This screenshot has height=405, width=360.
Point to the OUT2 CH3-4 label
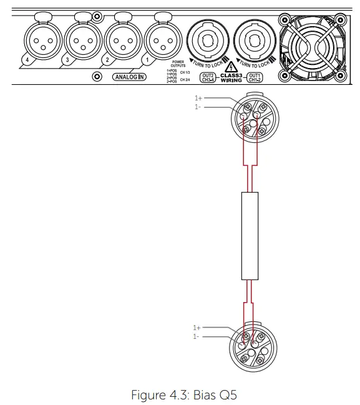207,77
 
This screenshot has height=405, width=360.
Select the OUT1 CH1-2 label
255,77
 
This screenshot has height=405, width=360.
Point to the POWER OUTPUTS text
178,64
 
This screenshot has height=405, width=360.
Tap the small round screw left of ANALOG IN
97,77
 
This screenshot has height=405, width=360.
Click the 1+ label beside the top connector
198,99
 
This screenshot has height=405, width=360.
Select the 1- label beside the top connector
198,107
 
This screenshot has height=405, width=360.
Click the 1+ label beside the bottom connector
197,328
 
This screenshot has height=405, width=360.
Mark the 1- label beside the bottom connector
197,336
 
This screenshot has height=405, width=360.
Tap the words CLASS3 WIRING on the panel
231,77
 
